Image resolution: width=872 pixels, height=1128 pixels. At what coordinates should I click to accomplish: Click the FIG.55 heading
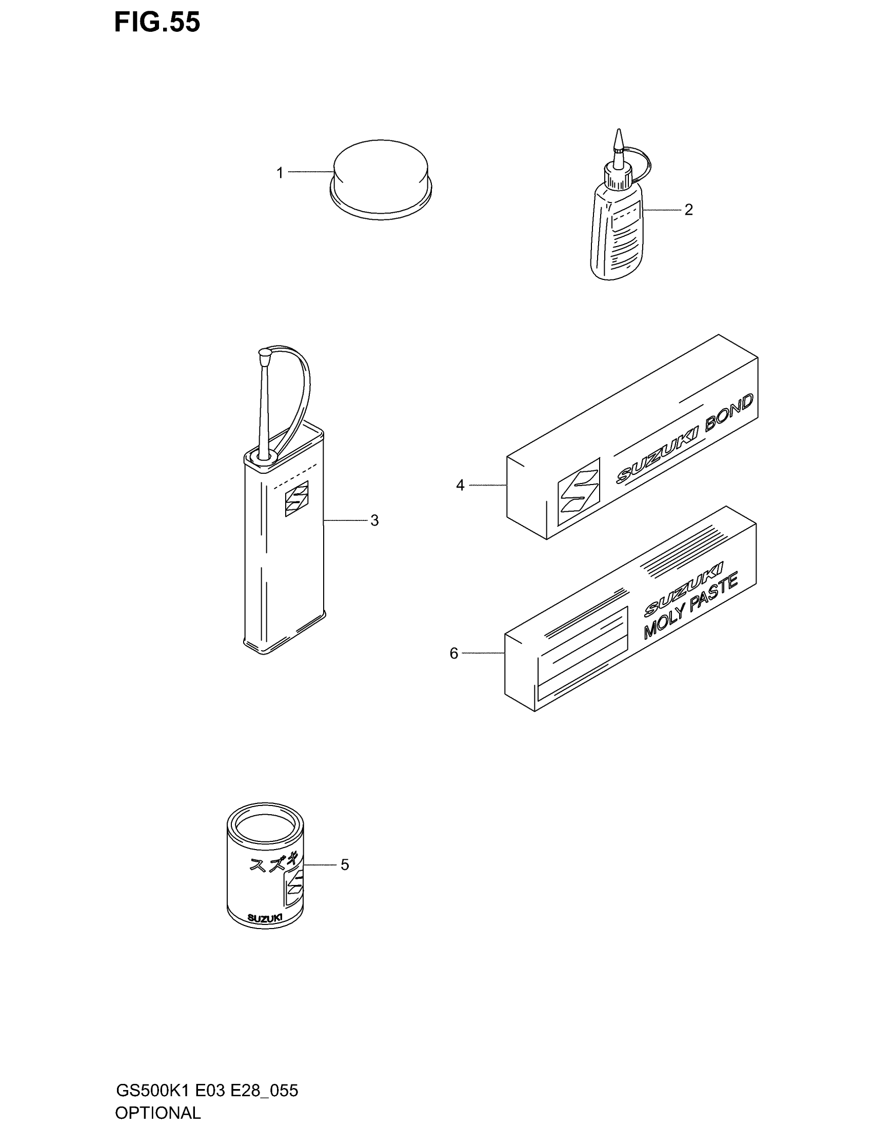click(x=157, y=23)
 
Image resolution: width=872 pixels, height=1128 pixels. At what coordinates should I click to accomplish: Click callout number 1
click(x=280, y=173)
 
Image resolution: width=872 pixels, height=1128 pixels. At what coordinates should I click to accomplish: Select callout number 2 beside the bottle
click(x=688, y=210)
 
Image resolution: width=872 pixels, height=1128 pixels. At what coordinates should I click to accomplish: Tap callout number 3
click(x=374, y=520)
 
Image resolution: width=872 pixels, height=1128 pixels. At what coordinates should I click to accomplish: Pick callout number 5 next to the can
click(x=345, y=864)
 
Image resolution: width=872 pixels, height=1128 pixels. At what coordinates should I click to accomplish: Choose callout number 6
click(x=454, y=654)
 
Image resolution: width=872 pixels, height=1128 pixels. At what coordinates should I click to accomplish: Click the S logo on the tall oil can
click(x=296, y=498)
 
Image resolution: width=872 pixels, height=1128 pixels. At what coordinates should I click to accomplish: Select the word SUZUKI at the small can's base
click(x=265, y=918)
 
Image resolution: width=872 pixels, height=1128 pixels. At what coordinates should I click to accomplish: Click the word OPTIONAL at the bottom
click(x=157, y=1113)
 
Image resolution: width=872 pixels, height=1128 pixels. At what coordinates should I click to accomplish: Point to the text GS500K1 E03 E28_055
click(x=207, y=1091)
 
